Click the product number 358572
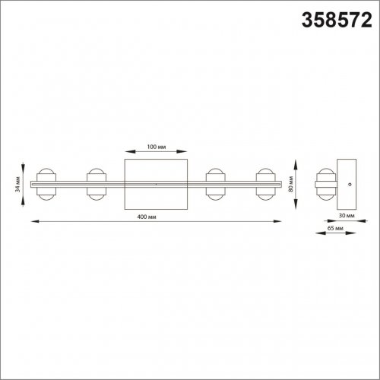click(337, 21)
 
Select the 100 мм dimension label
click(157, 147)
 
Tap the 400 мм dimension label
click(147, 217)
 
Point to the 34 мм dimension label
click(17, 184)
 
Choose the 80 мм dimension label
click(290, 184)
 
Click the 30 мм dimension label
click(347, 216)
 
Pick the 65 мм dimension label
click(335, 228)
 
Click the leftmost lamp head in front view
click(46, 184)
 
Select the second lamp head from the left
click(97, 184)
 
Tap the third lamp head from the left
click(215, 184)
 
